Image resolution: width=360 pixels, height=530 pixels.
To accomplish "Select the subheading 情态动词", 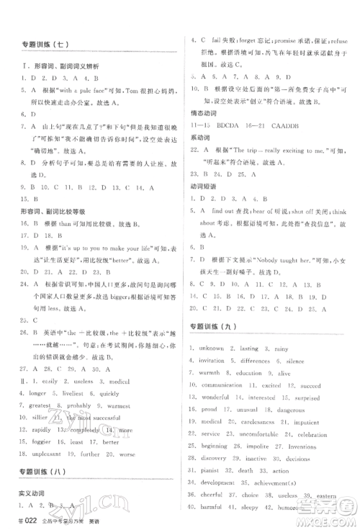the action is point(204,109).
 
